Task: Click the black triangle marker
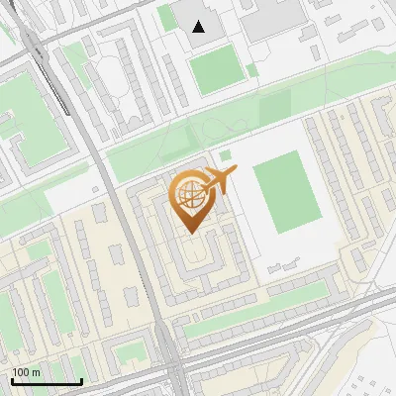pos(200,27)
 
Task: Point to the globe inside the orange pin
pos(190,194)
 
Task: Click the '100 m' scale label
pos(27,372)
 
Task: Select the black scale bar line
pos(46,381)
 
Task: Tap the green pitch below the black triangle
pos(215,69)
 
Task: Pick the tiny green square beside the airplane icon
pos(226,155)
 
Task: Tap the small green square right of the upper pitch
pos(251,70)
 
